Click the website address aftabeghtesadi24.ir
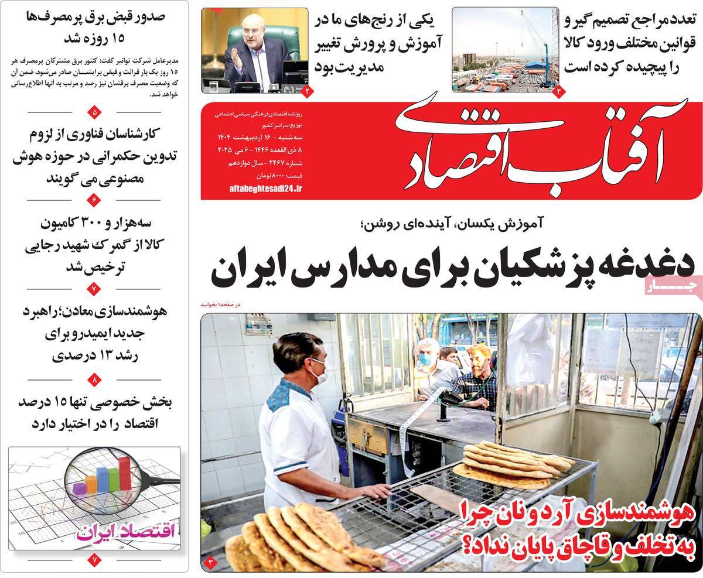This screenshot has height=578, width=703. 264,187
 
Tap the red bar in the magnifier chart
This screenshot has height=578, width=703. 124,474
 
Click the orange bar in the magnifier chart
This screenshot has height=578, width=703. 91,484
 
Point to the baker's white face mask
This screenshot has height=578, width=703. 319,372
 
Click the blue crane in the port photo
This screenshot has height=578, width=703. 535,47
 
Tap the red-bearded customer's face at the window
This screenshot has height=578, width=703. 480,358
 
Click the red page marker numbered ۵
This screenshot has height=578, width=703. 95,111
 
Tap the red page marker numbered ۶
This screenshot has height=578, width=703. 95,200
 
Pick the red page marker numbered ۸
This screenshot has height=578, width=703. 95,379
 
